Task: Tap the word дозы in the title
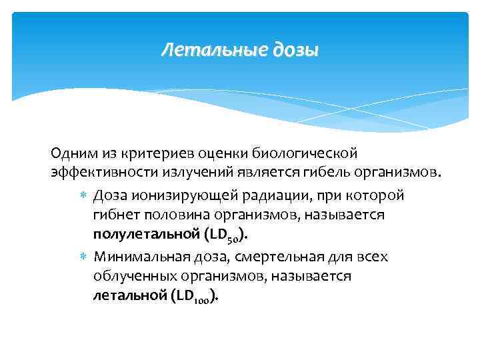294,51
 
